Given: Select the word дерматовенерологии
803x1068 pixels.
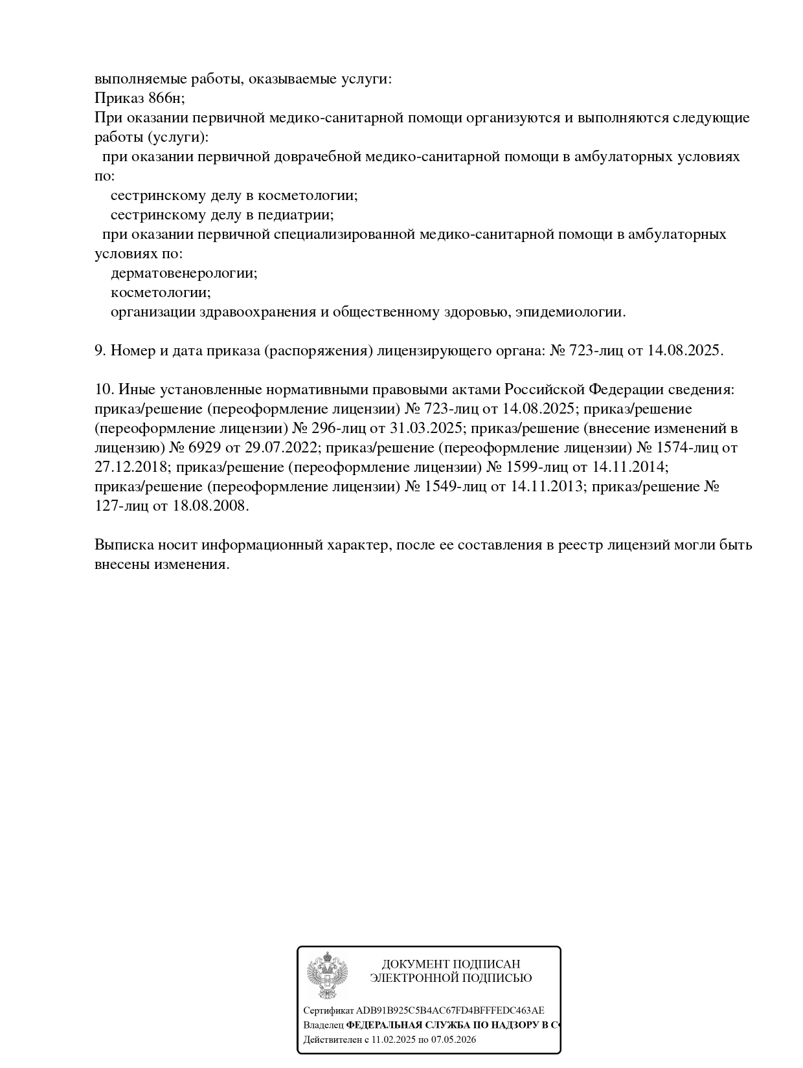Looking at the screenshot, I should (x=184, y=273).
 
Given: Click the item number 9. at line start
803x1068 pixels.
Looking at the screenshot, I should (x=100, y=351).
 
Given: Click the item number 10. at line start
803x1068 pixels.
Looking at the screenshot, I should (x=104, y=390).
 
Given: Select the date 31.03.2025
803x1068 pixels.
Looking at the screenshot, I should (x=427, y=428).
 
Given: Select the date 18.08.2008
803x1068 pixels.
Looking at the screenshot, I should (x=210, y=506).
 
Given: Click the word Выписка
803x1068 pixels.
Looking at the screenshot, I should (x=123, y=545).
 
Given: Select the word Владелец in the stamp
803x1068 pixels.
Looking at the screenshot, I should (x=323, y=1025).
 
